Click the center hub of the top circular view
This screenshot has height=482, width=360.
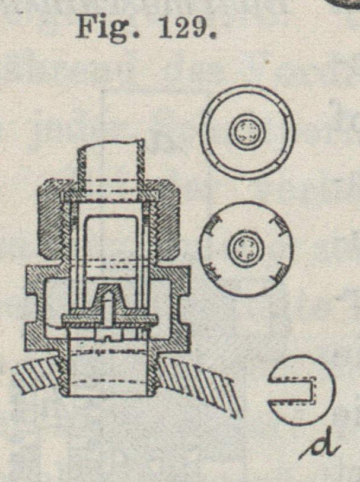pos(246,131)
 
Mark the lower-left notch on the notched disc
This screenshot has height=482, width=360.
pos(212,271)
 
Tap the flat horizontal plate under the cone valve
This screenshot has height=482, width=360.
pos(110,319)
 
